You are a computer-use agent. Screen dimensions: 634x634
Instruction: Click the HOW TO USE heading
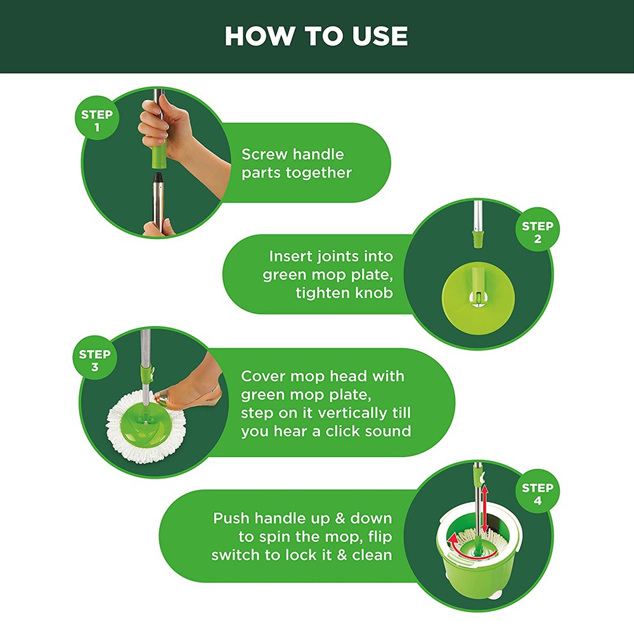point(316,36)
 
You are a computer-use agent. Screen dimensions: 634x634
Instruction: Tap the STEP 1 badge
point(97,118)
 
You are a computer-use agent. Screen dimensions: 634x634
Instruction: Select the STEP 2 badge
point(538,230)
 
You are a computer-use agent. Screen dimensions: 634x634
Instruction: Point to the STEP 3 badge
point(95,358)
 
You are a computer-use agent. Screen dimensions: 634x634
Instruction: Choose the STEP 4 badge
point(538,491)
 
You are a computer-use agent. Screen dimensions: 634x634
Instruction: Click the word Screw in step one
point(264,154)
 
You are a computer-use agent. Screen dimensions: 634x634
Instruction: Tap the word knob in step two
point(372,292)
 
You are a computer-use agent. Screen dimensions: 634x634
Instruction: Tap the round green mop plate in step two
point(478,297)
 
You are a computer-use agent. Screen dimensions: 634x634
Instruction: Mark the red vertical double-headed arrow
point(485,508)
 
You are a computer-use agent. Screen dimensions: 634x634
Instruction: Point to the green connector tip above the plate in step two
point(477,239)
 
